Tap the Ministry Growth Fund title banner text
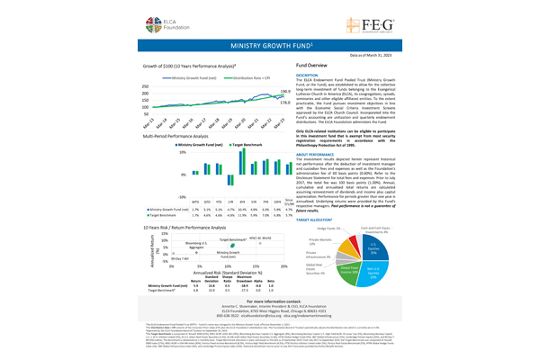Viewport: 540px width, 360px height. [271, 43]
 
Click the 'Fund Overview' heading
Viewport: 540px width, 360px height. [311, 66]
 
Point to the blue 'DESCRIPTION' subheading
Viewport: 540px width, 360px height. [309, 76]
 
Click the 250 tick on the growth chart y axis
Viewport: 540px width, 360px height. [147, 86]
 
